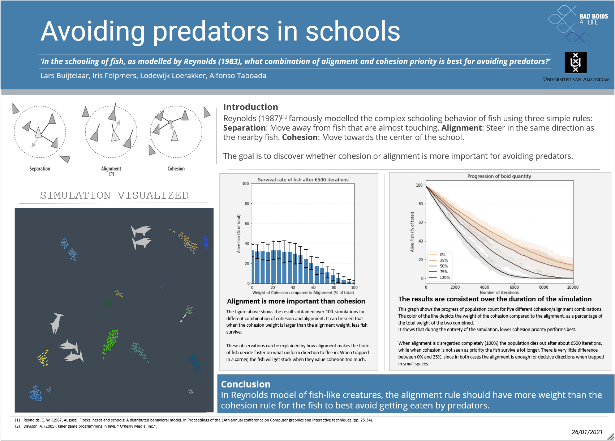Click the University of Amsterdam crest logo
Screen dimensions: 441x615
(x=575, y=63)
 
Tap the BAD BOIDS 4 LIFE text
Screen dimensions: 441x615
(x=593, y=19)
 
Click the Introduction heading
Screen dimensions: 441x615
(x=250, y=107)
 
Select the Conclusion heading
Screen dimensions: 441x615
(x=245, y=384)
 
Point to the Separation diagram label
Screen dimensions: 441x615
(x=40, y=169)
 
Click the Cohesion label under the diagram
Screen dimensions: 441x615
(x=176, y=169)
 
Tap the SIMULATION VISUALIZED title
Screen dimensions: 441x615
(x=114, y=195)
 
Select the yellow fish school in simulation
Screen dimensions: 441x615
(x=43, y=358)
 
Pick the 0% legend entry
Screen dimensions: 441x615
(x=443, y=255)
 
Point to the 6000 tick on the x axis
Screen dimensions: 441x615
(x=514, y=287)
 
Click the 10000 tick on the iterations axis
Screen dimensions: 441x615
(x=572, y=287)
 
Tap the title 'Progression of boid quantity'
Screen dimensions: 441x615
(x=499, y=176)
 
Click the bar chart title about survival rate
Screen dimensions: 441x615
(x=303, y=179)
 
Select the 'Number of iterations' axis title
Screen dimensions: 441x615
(x=499, y=293)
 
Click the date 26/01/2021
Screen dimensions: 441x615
(x=587, y=432)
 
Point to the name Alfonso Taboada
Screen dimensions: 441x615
(x=238, y=76)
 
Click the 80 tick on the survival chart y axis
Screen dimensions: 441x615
(x=247, y=204)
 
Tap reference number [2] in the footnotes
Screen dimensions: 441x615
(x=17, y=426)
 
